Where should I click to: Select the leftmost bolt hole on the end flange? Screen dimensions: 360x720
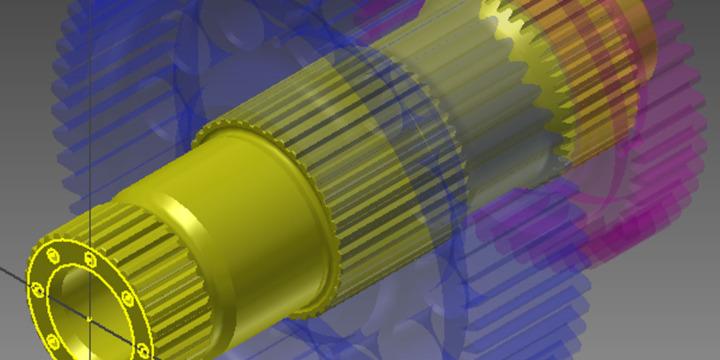pos(37,289)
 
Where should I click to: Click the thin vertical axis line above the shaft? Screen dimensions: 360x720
pos(91,120)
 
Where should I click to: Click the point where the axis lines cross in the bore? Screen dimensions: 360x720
pos(90,318)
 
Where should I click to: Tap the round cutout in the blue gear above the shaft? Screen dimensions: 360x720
pos(240,40)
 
